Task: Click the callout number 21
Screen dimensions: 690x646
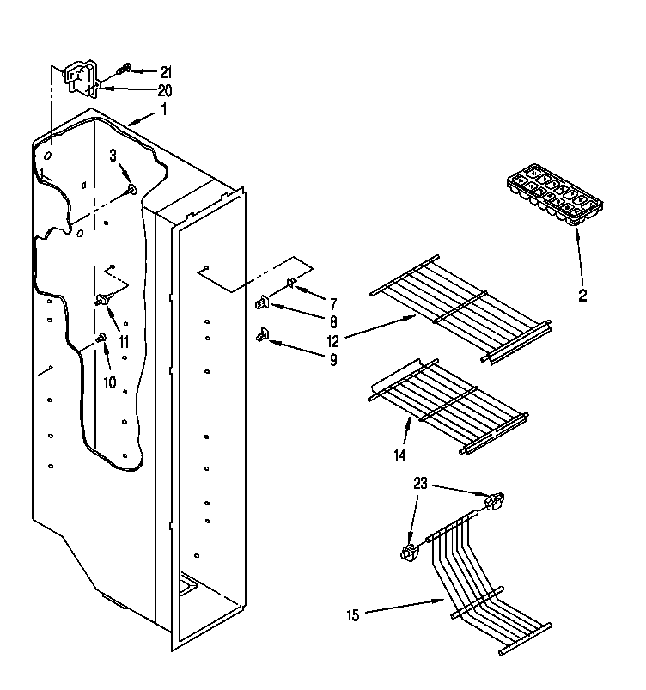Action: [x=166, y=72]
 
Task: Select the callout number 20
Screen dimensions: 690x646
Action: [x=165, y=90]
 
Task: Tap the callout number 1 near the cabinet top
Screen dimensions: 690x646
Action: [x=164, y=109]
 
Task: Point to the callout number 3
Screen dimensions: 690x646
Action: [x=113, y=155]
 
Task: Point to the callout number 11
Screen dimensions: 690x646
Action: [x=124, y=341]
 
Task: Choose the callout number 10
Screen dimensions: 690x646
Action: [x=109, y=382]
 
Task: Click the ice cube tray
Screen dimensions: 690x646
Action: [x=554, y=197]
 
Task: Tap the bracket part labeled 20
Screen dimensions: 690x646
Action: [x=83, y=77]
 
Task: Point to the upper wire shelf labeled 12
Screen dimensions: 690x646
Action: [x=460, y=308]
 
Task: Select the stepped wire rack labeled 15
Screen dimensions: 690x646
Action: [x=481, y=584]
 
